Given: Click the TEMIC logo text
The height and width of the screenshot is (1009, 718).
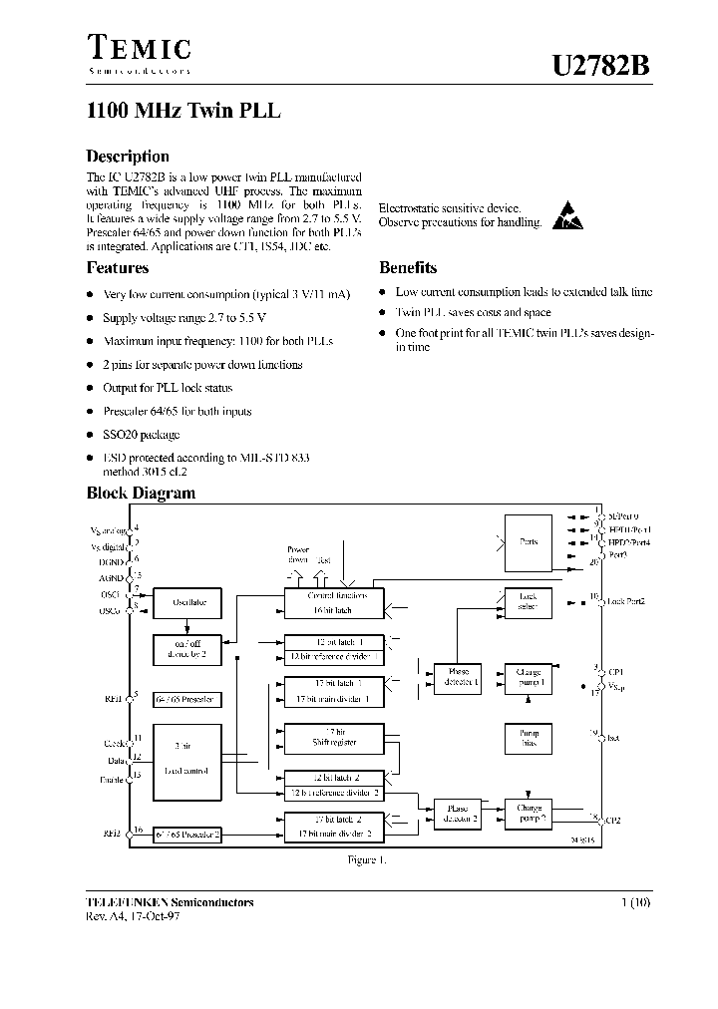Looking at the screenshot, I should tap(139, 48).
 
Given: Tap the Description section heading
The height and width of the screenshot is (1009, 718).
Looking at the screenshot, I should tap(128, 157).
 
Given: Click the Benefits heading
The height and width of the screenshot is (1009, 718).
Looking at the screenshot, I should tap(408, 267).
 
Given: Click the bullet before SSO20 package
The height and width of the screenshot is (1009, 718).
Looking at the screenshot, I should tap(91, 435).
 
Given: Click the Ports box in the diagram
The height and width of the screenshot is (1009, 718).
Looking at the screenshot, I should tap(529, 541).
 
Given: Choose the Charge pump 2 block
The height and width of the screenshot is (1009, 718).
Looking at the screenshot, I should tap(529, 812).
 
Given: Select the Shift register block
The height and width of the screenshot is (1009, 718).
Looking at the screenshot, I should tap(334, 737).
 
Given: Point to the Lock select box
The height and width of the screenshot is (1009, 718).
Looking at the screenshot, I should tap(529, 601).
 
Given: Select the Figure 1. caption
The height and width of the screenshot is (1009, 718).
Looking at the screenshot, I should tap(366, 858).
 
